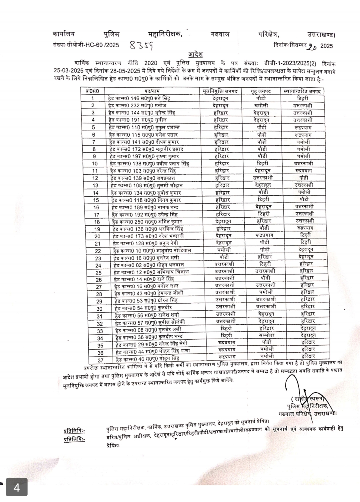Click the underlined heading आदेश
(196, 54)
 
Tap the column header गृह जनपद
(262, 91)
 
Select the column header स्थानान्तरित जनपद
(304, 91)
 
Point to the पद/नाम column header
(152, 91)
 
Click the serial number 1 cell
(93, 98)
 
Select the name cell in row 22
(152, 250)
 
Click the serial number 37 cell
(100, 360)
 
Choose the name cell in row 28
(152, 293)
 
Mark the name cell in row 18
(147, 222)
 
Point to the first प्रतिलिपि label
(74, 431)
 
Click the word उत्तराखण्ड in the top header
(321, 34)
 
